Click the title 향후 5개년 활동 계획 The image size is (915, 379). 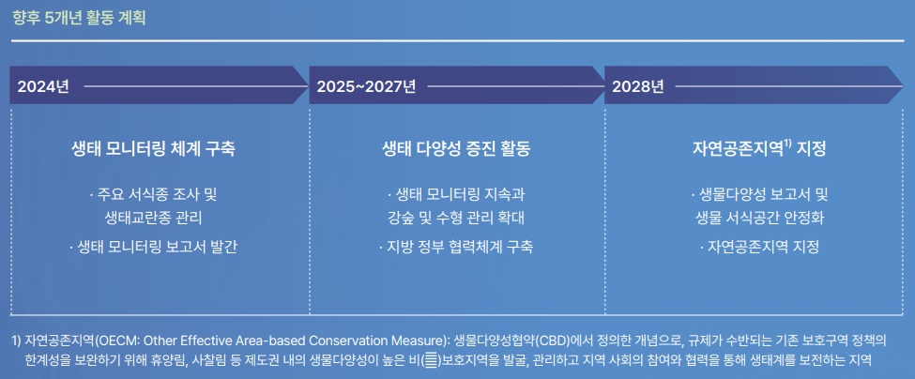click(x=79, y=18)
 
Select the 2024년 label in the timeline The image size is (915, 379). click(x=43, y=87)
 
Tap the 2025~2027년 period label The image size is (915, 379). click(x=366, y=87)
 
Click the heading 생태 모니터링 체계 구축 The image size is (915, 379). click(x=153, y=148)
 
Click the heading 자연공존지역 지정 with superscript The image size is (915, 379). click(x=759, y=148)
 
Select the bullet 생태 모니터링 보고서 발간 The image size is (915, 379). click(x=153, y=248)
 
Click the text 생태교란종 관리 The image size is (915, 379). click(x=153, y=219)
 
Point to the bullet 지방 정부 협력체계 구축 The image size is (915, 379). click(x=455, y=248)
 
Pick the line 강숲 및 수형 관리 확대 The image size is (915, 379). click(x=455, y=219)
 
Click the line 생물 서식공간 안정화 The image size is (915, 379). click(x=759, y=219)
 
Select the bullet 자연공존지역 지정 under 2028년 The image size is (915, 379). click(x=759, y=248)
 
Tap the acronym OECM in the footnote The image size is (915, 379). click(x=115, y=341)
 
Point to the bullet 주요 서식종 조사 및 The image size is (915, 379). click(x=153, y=193)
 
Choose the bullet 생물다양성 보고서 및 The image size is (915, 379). click(x=759, y=193)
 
